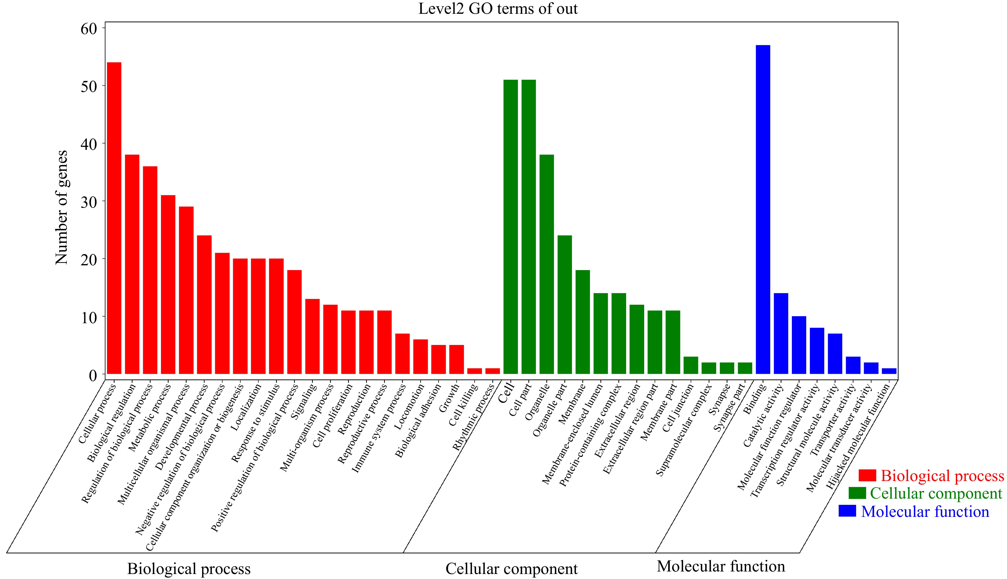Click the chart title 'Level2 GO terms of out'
pos(498,9)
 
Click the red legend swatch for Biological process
pos(867,475)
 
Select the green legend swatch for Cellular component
pos(857,493)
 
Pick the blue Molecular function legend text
pos(925,511)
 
